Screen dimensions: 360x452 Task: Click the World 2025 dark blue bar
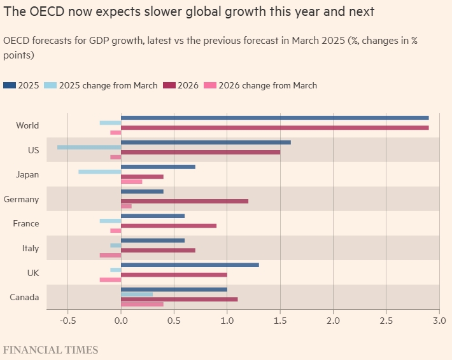274,118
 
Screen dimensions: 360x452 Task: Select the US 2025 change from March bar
89,147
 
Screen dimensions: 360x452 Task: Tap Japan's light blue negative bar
99,172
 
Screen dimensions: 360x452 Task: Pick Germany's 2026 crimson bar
185,201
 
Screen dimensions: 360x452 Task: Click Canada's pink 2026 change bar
142,304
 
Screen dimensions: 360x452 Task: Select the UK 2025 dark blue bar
190,265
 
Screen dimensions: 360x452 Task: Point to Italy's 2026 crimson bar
158,250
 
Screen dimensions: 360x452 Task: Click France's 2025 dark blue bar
153,216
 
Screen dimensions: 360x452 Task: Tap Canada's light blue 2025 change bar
137,294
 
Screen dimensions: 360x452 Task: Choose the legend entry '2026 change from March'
267,85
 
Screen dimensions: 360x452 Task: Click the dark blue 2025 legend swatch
10,85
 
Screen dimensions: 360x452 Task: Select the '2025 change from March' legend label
108,85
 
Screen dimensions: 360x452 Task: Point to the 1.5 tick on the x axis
280,320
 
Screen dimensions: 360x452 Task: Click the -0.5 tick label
67,320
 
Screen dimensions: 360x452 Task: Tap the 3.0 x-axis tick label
439,320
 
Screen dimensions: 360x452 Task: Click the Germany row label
21,199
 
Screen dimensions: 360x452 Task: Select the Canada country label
24,297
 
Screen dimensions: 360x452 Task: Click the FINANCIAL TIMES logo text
51,350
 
